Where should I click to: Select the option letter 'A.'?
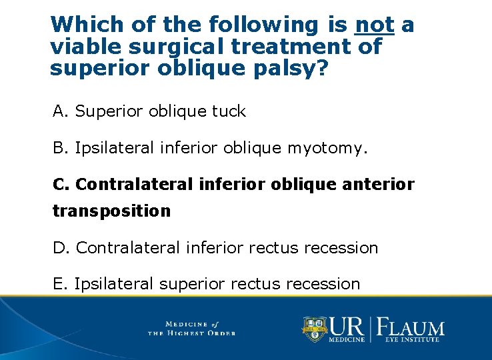pos(61,111)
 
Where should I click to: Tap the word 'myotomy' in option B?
pos(325,147)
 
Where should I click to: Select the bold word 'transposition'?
pos(111,211)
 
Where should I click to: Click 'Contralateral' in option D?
pos(128,248)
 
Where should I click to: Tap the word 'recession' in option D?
pos(341,248)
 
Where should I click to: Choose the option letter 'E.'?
pos(61,284)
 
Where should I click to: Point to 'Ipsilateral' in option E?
pos(114,284)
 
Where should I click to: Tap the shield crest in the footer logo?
pos(314,328)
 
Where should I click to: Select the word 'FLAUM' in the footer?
pos(411,327)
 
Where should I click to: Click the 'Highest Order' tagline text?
pos(191,333)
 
